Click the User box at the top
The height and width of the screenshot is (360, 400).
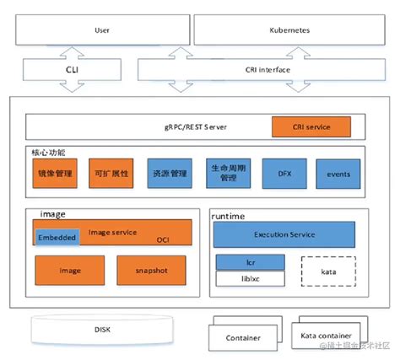(101, 30)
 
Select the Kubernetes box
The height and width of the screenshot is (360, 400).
(289, 30)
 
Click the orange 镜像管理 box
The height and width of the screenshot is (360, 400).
(55, 173)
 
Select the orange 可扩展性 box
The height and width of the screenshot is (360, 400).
(111, 173)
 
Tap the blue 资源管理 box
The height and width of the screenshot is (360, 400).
(169, 173)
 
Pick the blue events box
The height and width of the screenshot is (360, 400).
(338, 173)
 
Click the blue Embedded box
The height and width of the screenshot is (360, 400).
(57, 239)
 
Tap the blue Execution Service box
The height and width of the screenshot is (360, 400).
(284, 234)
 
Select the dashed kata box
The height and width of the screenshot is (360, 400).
(327, 272)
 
